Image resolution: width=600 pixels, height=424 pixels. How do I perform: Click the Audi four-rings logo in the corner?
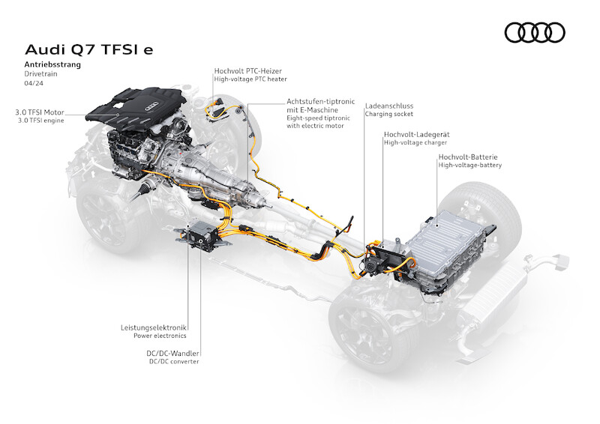(x=535, y=32)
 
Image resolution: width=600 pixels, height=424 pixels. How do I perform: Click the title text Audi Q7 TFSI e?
(x=88, y=49)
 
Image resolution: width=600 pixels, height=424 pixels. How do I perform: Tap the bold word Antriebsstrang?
(x=52, y=64)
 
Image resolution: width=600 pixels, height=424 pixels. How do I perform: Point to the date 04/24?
(x=34, y=83)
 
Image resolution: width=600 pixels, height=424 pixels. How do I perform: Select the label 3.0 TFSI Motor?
(x=40, y=112)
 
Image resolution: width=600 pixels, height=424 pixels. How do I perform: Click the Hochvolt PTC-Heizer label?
(x=248, y=70)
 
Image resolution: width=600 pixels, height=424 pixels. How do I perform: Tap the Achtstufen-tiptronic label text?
(x=321, y=102)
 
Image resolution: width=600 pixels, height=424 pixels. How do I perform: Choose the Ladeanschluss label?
(x=389, y=106)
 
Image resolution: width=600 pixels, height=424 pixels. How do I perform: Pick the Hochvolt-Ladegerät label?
(x=417, y=135)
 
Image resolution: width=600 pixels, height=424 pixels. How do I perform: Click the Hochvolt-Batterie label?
(x=468, y=157)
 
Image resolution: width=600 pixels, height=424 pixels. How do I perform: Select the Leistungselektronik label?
(x=154, y=327)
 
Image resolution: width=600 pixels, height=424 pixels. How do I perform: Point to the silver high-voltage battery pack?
(x=448, y=250)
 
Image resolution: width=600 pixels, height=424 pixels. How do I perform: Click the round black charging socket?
(x=370, y=265)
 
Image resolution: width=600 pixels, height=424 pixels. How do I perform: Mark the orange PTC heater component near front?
(x=217, y=108)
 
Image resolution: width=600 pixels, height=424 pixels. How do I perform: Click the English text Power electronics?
(x=160, y=336)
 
